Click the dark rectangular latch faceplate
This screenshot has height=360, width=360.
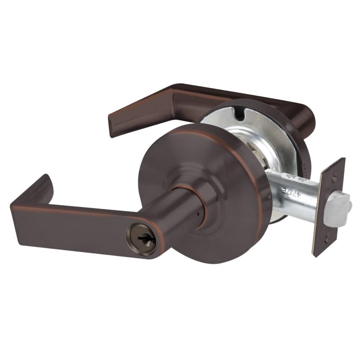[x=328, y=207]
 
